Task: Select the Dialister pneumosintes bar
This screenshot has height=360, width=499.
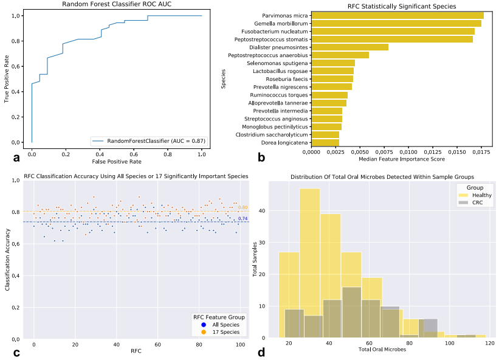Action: click(x=349, y=47)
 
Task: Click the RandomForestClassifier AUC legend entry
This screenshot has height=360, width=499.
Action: click(x=149, y=141)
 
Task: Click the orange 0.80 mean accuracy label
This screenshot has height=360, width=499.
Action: click(x=243, y=208)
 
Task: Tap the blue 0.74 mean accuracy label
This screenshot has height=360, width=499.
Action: click(x=243, y=218)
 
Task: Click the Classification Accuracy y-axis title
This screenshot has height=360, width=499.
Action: click(x=8, y=260)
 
